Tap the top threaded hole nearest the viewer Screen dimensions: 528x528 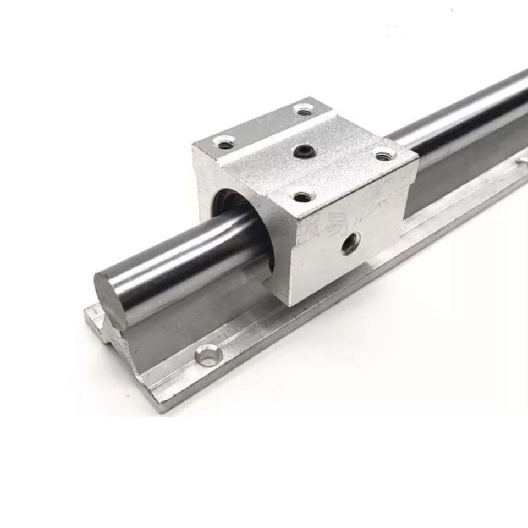click(x=302, y=196)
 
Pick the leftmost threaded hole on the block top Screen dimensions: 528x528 click(x=223, y=144)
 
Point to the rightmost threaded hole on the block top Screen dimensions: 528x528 click(x=383, y=156)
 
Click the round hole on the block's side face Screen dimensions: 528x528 click(x=350, y=243)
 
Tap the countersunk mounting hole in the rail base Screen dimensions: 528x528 click(x=209, y=356)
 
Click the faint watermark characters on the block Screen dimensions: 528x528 click(x=324, y=223)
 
